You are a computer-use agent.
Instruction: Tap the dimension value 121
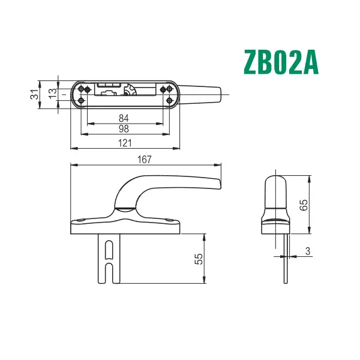(125, 142)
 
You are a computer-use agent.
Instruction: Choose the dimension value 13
(52, 94)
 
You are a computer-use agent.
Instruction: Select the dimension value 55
(199, 259)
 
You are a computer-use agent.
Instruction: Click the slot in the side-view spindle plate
(108, 258)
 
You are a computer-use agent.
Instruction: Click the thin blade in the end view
(286, 258)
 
